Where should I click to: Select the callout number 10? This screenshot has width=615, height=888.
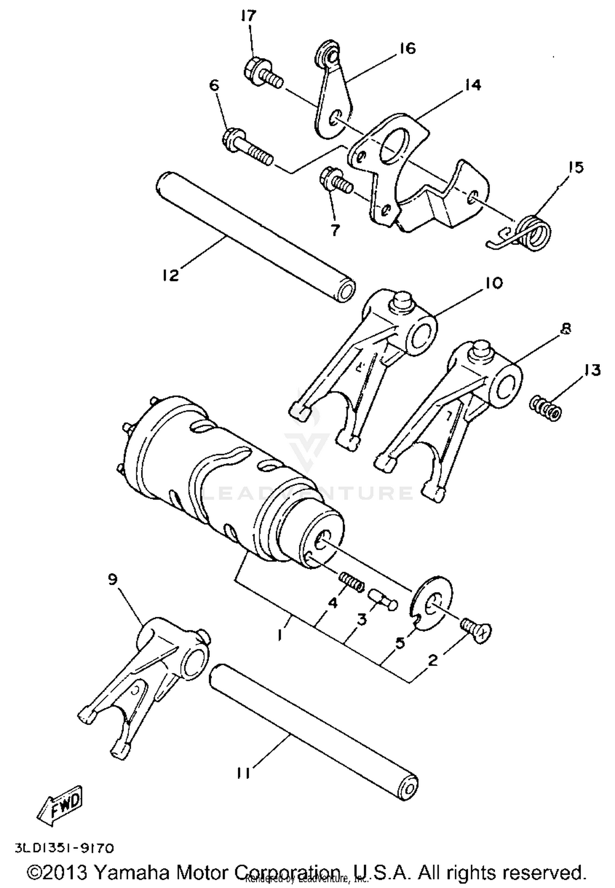(495, 283)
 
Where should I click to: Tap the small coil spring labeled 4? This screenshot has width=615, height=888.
(352, 583)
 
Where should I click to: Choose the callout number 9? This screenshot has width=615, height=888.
(113, 579)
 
